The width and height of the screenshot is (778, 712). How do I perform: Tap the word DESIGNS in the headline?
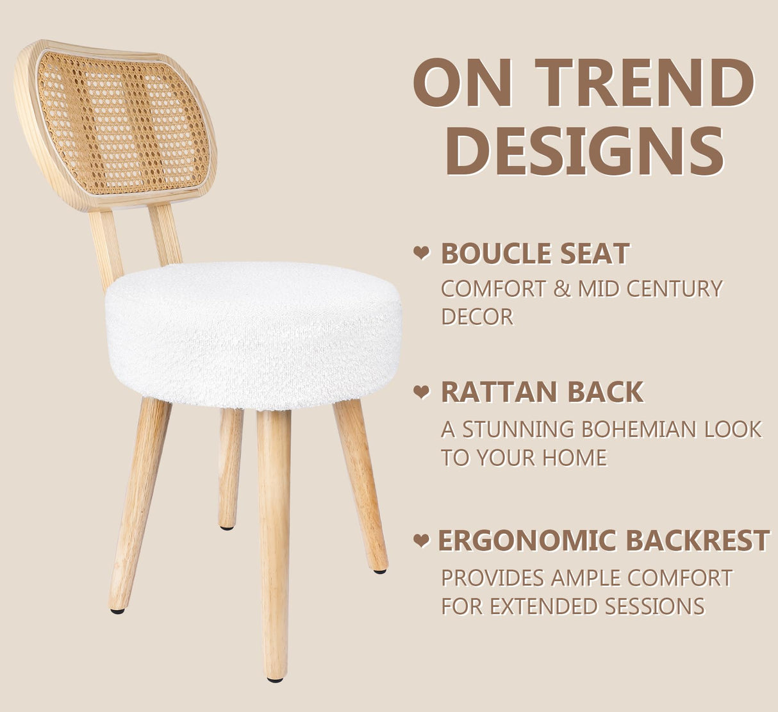584,151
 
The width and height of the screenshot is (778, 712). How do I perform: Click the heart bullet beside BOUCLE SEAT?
421,253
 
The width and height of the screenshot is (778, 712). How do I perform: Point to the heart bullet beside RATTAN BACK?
421,392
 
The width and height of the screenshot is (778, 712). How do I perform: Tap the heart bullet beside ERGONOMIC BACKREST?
421,540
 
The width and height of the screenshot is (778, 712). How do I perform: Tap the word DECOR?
477,317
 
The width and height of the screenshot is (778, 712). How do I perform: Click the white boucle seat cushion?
253,333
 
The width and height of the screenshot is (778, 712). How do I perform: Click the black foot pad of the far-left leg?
117,611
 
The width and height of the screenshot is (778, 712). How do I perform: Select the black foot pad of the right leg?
380,570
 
